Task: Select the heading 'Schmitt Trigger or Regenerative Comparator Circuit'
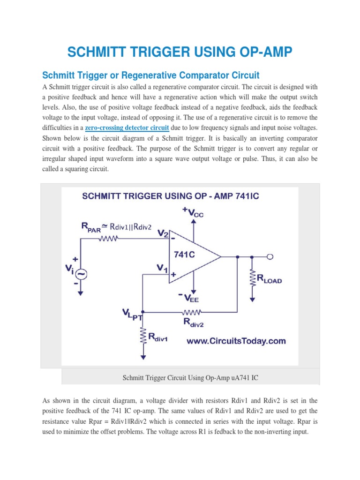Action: coord(151,75)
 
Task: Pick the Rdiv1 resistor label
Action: coord(159,337)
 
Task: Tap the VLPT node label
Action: coord(132,314)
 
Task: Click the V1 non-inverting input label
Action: coord(162,269)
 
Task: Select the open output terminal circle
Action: coord(270,256)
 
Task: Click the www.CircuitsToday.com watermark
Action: coord(236,341)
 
